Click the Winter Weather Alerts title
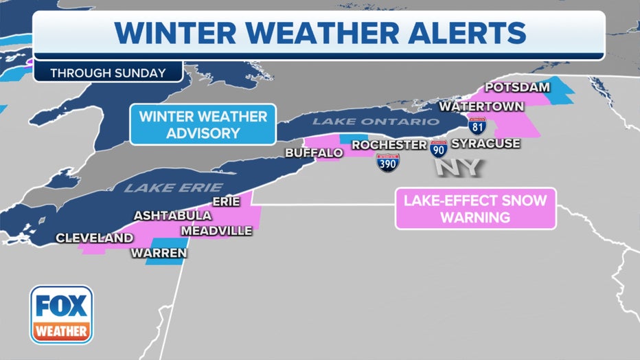pos(320,33)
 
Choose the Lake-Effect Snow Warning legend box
pos(475,210)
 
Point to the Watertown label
pos(482,107)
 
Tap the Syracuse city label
pos(486,144)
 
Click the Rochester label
pos(389,145)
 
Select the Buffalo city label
pos(314,153)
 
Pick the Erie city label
pos(226,201)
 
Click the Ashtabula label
pos(173,216)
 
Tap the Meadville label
pos(216,231)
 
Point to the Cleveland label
pos(95,238)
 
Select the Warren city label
pos(159,254)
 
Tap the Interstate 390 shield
pos(388,163)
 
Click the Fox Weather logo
pos(61,314)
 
